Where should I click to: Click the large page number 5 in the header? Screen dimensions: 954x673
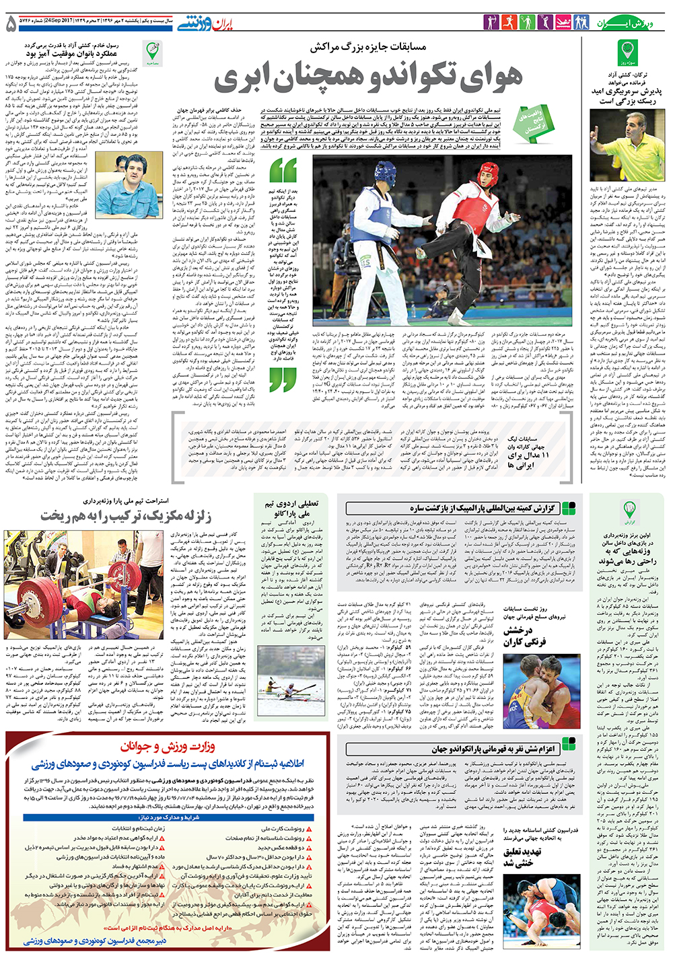pos(11,24)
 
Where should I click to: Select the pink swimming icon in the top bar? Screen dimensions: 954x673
pos(563,23)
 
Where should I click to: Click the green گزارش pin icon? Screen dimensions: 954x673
pos(629,509)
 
